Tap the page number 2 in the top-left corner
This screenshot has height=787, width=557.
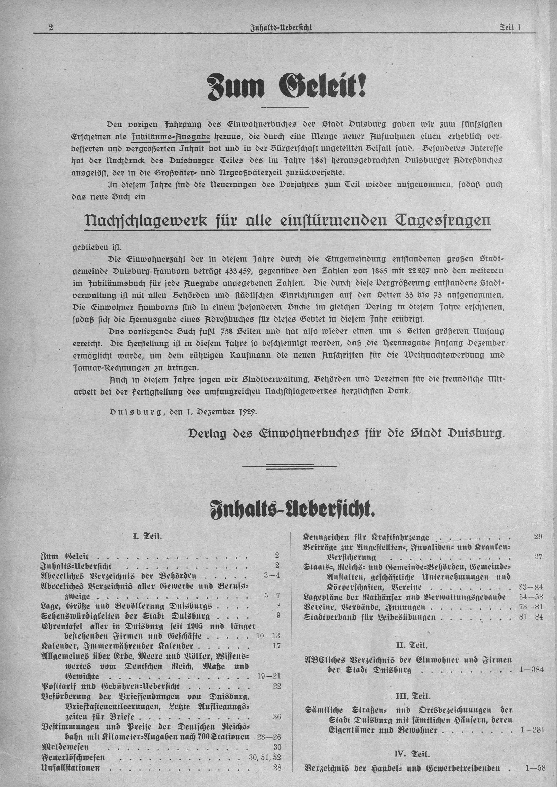[x=51, y=28]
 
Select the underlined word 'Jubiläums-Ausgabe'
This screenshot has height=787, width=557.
[x=171, y=137]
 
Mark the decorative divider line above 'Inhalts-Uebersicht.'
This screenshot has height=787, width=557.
[x=290, y=466]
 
